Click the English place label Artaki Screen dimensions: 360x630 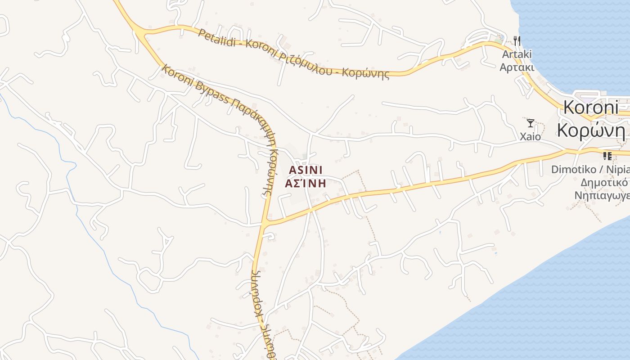pos(517,54)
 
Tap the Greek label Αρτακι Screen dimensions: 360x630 pos(517,67)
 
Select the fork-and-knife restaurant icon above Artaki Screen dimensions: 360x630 pos(517,41)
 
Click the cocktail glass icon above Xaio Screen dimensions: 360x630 pos(531,123)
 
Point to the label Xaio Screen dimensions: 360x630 pos(531,136)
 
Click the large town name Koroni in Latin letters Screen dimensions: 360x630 pos(591,108)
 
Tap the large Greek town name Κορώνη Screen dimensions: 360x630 pos(591,130)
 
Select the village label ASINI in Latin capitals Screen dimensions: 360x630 pos(306,170)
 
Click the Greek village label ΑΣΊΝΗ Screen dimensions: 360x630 pos(306,183)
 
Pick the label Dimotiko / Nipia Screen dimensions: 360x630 pos(589,170)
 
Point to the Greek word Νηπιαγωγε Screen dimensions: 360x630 pos(601,196)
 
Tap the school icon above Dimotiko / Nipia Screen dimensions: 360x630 pos(607,156)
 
